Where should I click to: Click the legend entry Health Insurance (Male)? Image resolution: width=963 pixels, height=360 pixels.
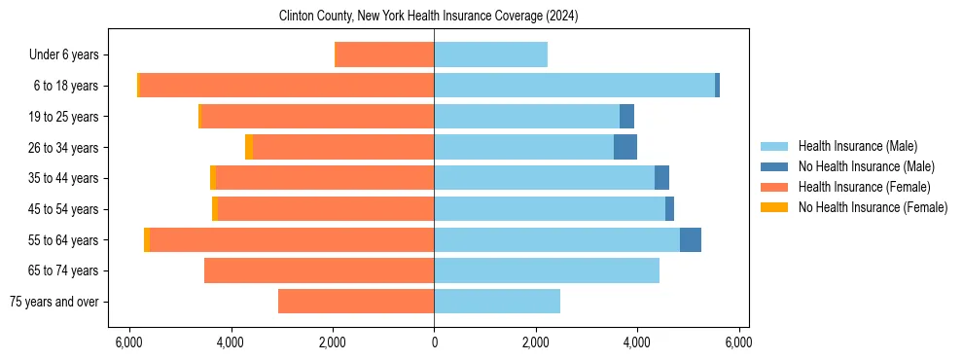click(x=857, y=147)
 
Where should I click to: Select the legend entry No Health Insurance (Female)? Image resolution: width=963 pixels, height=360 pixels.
click(x=873, y=207)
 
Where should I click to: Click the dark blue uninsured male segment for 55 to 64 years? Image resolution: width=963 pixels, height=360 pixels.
click(x=691, y=240)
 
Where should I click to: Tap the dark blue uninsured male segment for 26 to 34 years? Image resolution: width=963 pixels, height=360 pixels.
click(x=625, y=148)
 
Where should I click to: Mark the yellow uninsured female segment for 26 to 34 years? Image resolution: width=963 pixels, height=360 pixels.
click(x=249, y=148)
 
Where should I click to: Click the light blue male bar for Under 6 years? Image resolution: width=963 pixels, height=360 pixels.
click(x=490, y=55)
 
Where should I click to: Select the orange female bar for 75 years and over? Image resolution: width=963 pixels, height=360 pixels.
click(x=356, y=302)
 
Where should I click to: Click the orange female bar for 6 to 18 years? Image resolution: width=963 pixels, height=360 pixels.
click(x=287, y=86)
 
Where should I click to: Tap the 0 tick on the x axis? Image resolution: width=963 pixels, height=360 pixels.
click(x=434, y=342)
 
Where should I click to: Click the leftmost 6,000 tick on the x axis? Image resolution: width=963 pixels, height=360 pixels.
click(x=129, y=342)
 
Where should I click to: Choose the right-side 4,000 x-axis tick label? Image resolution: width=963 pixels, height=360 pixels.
click(x=637, y=342)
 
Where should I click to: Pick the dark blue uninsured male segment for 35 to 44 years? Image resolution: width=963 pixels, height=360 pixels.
click(x=661, y=178)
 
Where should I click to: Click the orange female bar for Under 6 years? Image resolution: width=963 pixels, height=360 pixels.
click(x=384, y=55)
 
